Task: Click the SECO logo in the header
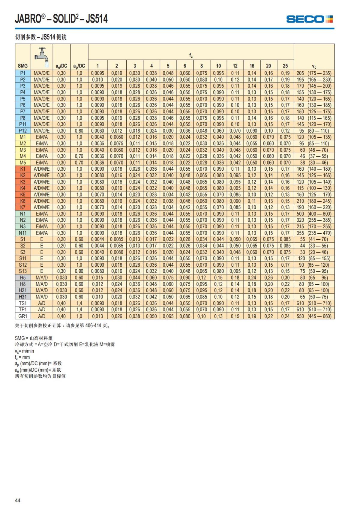click(x=309, y=19)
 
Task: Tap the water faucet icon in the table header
click(x=42, y=56)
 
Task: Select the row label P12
click(x=23, y=131)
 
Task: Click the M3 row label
click(x=23, y=150)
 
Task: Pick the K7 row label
click(x=23, y=207)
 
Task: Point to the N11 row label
click(x=23, y=233)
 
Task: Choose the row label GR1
click(x=23, y=316)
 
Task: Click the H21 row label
click(x=23, y=290)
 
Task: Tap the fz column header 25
click(x=285, y=66)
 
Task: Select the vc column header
click(x=314, y=67)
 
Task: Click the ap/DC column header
click(x=79, y=66)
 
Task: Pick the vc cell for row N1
click(x=314, y=214)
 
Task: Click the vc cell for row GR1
click(x=314, y=316)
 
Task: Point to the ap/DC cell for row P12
click(x=79, y=131)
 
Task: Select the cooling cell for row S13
click(x=42, y=271)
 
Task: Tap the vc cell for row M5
click(x=314, y=163)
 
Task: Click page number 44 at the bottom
click(x=18, y=500)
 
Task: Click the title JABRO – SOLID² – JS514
click(x=61, y=19)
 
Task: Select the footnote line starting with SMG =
click(x=34, y=338)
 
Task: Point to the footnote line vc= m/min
click(x=24, y=351)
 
